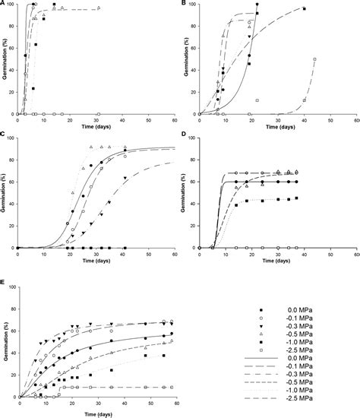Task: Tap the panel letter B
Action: tap(185, 3)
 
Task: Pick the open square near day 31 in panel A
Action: tap(98, 114)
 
